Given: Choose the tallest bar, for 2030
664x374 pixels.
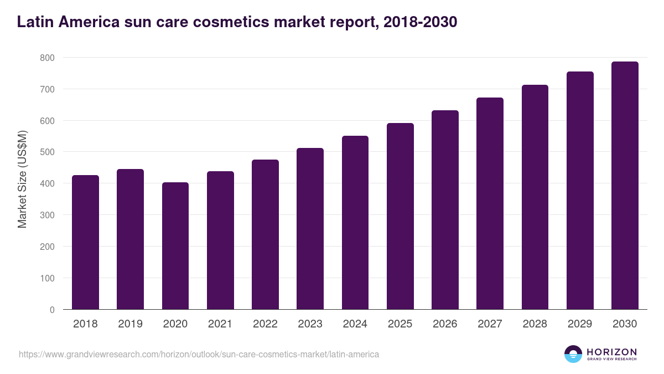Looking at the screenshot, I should pyautogui.click(x=625, y=185).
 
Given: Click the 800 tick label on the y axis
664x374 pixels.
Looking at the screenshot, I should pyautogui.click(x=47, y=58).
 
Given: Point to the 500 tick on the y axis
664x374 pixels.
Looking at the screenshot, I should pyautogui.click(x=47, y=152).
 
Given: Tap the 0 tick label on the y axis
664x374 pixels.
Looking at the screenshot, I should pyautogui.click(x=52, y=310).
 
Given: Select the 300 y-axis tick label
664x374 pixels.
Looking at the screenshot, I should pyautogui.click(x=47, y=215).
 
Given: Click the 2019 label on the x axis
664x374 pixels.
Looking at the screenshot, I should pyautogui.click(x=130, y=324).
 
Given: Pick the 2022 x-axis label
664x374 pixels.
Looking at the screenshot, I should pyautogui.click(x=265, y=324).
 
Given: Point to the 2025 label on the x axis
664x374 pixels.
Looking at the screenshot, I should pyautogui.click(x=400, y=324).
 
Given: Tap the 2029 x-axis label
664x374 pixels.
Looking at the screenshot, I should pyautogui.click(x=580, y=324).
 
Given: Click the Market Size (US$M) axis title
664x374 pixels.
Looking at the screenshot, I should pyautogui.click(x=22, y=179).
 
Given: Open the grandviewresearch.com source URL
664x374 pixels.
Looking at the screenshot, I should pyautogui.click(x=199, y=354).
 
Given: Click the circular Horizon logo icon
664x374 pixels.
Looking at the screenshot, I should pyautogui.click(x=573, y=354).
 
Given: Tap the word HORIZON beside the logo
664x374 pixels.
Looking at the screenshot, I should pyautogui.click(x=611, y=351).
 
